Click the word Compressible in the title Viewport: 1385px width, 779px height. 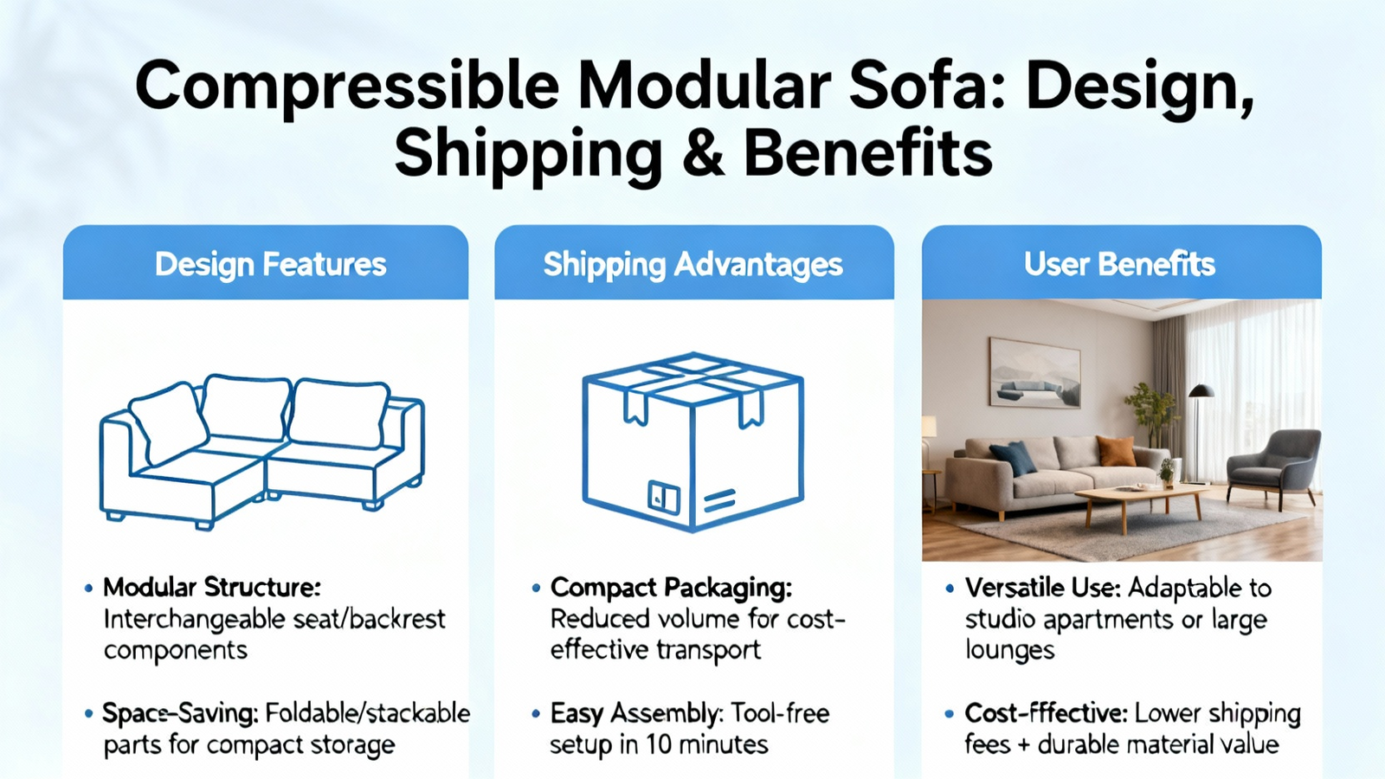[x=347, y=87]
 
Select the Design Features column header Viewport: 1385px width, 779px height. [x=270, y=265]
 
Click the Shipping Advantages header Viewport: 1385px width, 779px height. [x=693, y=265]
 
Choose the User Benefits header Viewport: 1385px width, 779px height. [x=1120, y=264]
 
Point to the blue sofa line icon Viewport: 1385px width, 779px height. [x=262, y=451]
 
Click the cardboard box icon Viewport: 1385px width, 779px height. [x=693, y=442]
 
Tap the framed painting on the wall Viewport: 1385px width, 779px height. [x=1035, y=373]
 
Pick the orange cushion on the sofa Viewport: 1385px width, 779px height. [x=1116, y=451]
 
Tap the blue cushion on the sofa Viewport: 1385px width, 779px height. [x=1014, y=458]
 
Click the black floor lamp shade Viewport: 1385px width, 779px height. [x=1201, y=390]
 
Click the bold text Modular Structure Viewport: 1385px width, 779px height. [x=212, y=588]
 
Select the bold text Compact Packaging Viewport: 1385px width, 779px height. [x=671, y=588]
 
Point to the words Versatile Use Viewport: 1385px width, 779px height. [x=1042, y=588]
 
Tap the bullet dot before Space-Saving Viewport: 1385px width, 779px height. [x=89, y=715]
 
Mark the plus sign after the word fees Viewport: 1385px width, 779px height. [x=1024, y=745]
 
